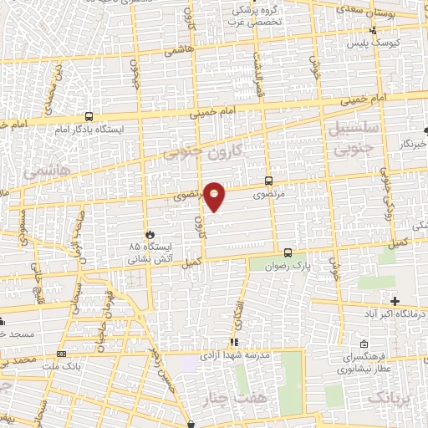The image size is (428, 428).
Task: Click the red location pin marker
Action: pyautogui.click(x=215, y=196)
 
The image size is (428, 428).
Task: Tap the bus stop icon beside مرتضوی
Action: pyautogui.click(x=268, y=180)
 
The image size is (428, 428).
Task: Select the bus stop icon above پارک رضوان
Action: pyautogui.click(x=288, y=252)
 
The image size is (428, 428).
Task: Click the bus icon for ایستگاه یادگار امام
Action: pyautogui.click(x=89, y=118)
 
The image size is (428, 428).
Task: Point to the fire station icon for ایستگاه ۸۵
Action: pyautogui.click(x=150, y=235)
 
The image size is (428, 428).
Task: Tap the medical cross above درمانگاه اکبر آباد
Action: pyautogui.click(x=395, y=301)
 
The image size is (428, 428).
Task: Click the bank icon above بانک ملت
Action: pyautogui.click(x=62, y=353)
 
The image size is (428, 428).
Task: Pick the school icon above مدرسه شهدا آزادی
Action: pyautogui.click(x=235, y=341)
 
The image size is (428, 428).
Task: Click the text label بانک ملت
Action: pyautogui.click(x=62, y=366)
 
